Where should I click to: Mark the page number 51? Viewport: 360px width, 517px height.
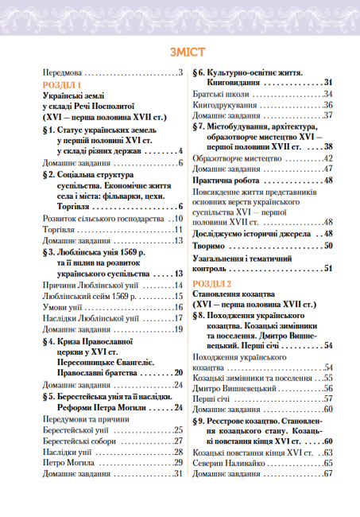pos(327,269)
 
